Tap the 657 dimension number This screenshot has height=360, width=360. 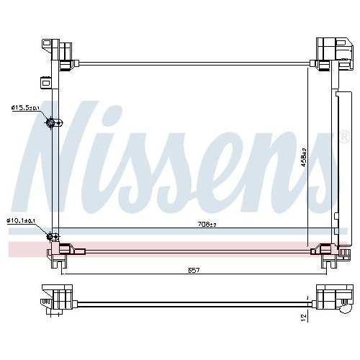pyautogui.click(x=193, y=271)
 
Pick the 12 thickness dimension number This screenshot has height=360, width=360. pyautogui.click(x=303, y=316)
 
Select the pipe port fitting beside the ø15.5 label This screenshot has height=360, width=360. pyautogui.click(x=52, y=123)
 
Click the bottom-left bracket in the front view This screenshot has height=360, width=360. pyautogui.click(x=60, y=253)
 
